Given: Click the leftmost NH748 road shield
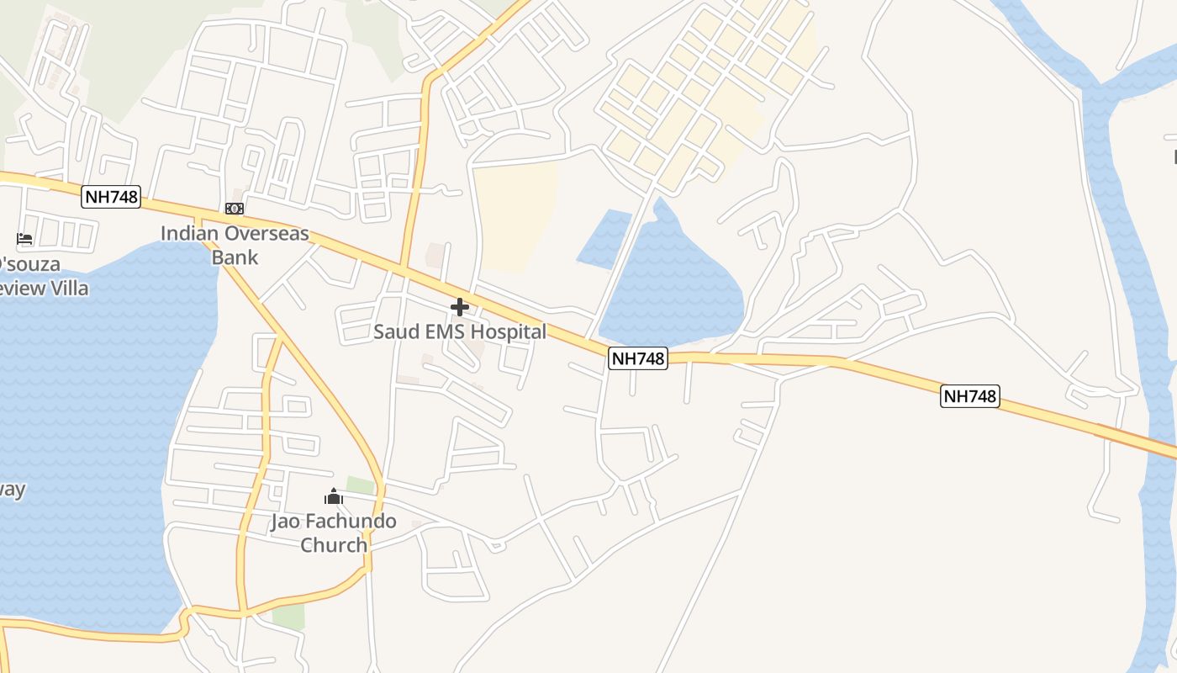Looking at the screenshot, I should click(x=111, y=198).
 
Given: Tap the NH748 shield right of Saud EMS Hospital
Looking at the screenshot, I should click(x=638, y=358).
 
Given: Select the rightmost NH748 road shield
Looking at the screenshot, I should click(x=970, y=396).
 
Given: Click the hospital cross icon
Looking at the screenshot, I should click(x=460, y=307).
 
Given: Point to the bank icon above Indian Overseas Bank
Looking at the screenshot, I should click(x=235, y=209).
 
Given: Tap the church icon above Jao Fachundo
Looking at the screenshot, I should click(x=334, y=497).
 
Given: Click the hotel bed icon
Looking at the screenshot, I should click(x=24, y=240).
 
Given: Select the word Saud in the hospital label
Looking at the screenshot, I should click(x=397, y=332).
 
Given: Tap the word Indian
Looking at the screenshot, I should click(x=190, y=234).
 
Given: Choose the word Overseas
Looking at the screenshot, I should click(x=267, y=234).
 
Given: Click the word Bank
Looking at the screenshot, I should click(x=235, y=257).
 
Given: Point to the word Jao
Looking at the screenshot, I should click(x=285, y=522).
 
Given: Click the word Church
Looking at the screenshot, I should click(x=334, y=545).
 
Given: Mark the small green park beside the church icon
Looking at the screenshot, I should click(x=361, y=485).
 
